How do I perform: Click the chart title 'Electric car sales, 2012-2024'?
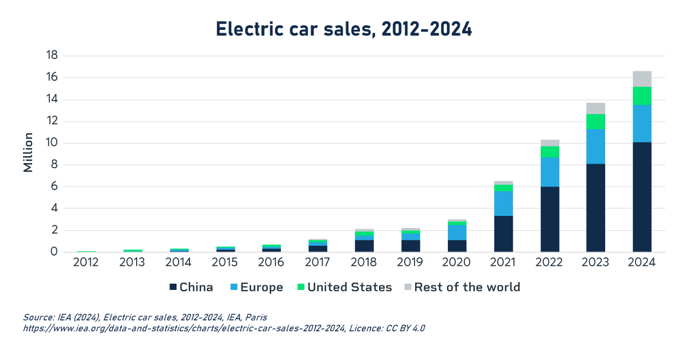click(344, 29)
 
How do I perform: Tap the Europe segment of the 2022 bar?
click(550, 172)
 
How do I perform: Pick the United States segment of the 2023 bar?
click(596, 122)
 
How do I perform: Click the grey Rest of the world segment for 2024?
click(642, 79)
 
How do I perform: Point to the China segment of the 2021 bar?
click(504, 234)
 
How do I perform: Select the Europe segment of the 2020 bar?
click(458, 232)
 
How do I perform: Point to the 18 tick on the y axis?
click(52, 56)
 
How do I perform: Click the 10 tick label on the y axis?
click(52, 143)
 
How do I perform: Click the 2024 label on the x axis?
click(642, 263)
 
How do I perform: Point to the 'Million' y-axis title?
click(28, 153)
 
